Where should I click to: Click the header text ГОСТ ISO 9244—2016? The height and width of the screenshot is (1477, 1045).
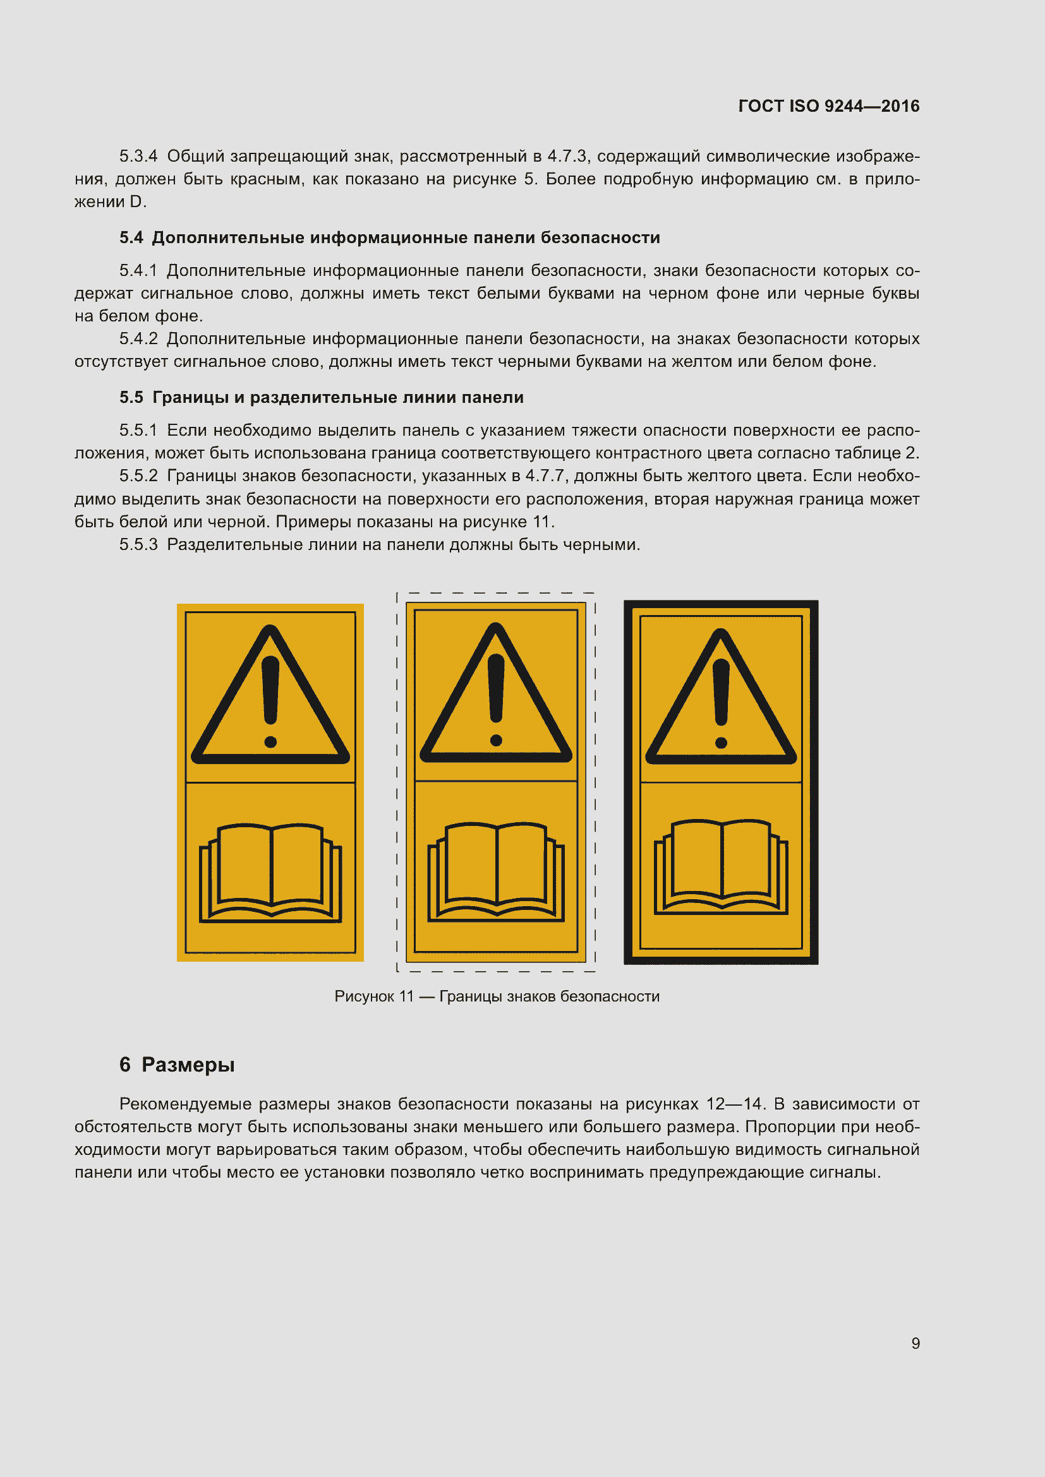828,106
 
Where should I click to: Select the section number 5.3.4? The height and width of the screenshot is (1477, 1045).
138,157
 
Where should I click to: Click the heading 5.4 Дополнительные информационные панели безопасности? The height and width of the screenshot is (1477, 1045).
389,237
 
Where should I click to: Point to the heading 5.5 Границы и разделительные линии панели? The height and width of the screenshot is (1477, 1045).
321,398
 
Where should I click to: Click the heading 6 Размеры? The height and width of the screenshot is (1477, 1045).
177,1065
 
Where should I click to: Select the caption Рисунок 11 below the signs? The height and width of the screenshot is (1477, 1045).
497,996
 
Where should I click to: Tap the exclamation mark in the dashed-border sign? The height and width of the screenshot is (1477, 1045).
496,698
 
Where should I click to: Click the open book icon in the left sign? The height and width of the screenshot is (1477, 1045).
270,872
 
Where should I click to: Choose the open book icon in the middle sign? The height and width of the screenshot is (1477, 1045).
496,871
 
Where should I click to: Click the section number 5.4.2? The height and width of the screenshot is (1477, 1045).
138,339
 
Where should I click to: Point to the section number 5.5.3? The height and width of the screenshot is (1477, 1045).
138,545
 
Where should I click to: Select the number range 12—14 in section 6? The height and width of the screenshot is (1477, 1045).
734,1104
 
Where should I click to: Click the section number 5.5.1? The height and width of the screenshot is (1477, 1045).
138,431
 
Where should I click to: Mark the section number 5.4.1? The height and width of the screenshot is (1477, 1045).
138,271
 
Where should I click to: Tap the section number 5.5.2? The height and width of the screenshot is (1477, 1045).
138,476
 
